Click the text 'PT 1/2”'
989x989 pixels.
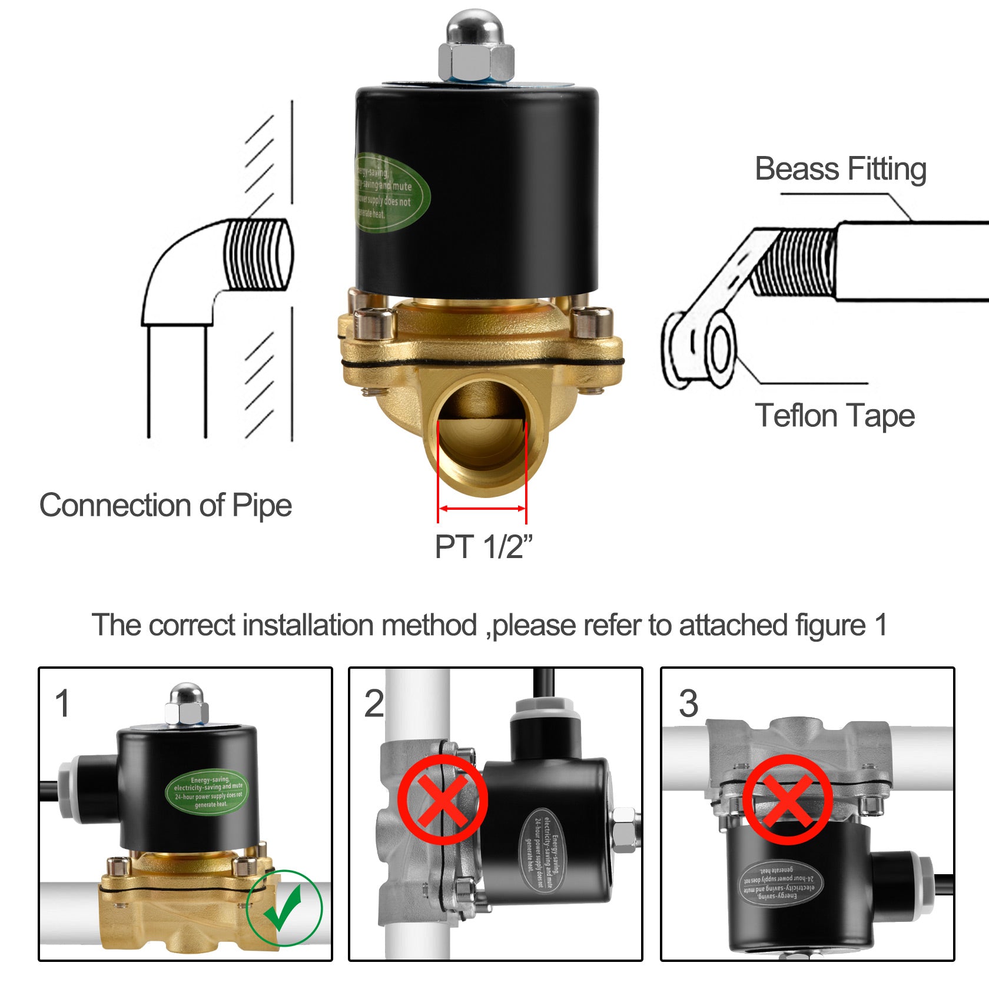coord(483,547)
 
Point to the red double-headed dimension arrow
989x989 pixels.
coord(482,508)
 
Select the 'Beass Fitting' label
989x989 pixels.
coord(840,170)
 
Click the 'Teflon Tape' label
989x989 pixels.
coord(835,416)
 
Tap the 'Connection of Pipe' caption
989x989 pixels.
coord(165,505)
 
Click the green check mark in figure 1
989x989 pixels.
coord(284,907)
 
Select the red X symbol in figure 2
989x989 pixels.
coord(443,800)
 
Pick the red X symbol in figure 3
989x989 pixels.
coord(787,800)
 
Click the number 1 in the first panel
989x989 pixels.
coord(62,703)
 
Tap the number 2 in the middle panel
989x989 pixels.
coord(374,703)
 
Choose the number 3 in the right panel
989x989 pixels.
coord(688,703)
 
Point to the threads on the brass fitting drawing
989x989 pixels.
coord(795,263)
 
